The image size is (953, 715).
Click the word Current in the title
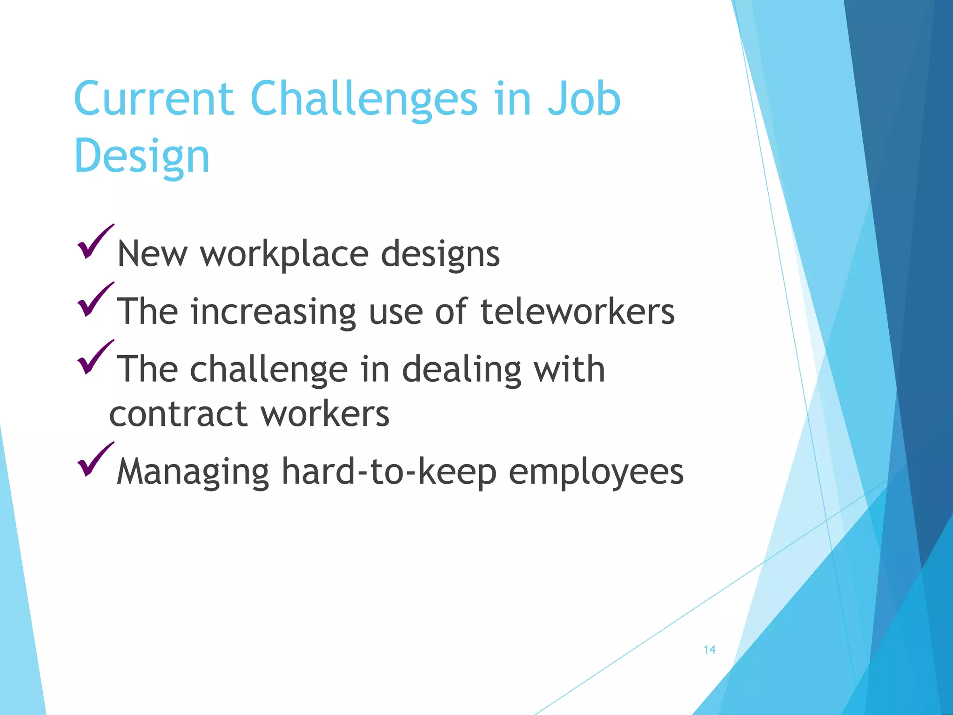click(x=154, y=99)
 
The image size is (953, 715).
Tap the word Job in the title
click(x=584, y=99)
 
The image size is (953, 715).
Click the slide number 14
click(x=709, y=649)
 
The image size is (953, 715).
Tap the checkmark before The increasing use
click(x=95, y=300)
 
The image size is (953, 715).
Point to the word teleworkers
click(x=577, y=311)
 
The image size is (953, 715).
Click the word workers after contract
click(x=325, y=414)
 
